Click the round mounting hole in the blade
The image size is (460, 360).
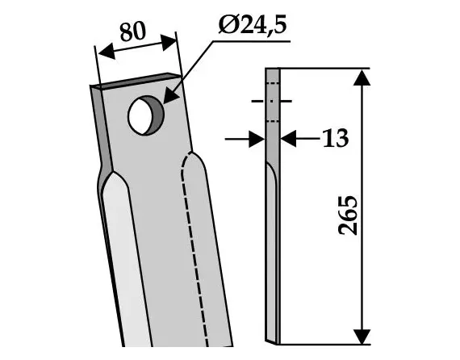[x=144, y=114]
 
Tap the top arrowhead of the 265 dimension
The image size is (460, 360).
[x=362, y=77]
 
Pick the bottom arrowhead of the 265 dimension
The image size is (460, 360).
[x=362, y=333]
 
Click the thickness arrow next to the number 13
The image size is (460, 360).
[x=290, y=139]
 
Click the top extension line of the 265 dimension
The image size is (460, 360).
[x=323, y=69]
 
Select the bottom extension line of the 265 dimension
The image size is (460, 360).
[x=323, y=341]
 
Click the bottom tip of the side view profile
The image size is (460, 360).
[x=274, y=339]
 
